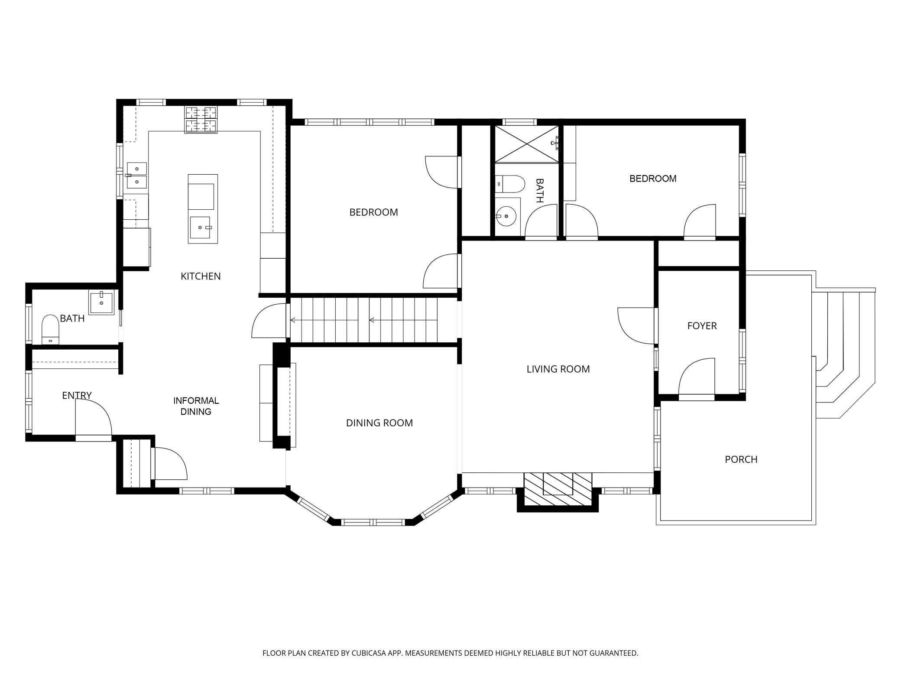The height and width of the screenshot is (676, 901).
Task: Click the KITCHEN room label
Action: tap(201, 276)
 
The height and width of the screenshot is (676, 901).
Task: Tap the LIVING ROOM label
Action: tap(558, 369)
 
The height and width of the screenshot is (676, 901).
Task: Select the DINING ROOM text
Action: tap(379, 423)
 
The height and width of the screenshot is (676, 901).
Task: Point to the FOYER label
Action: tap(702, 326)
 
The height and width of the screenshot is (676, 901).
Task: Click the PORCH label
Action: tap(741, 459)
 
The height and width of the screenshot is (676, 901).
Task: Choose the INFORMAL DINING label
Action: tap(196, 406)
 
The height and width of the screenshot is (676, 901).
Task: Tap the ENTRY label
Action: tap(77, 395)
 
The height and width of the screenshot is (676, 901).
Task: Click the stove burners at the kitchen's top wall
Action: tap(201, 119)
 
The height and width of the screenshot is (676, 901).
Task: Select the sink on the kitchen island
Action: tap(200, 227)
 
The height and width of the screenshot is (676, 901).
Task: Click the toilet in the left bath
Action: tap(50, 329)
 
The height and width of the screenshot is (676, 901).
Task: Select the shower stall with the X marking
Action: tap(526, 144)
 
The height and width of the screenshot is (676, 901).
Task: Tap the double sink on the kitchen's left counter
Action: tap(137, 175)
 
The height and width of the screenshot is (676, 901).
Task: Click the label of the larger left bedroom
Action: tap(373, 212)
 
